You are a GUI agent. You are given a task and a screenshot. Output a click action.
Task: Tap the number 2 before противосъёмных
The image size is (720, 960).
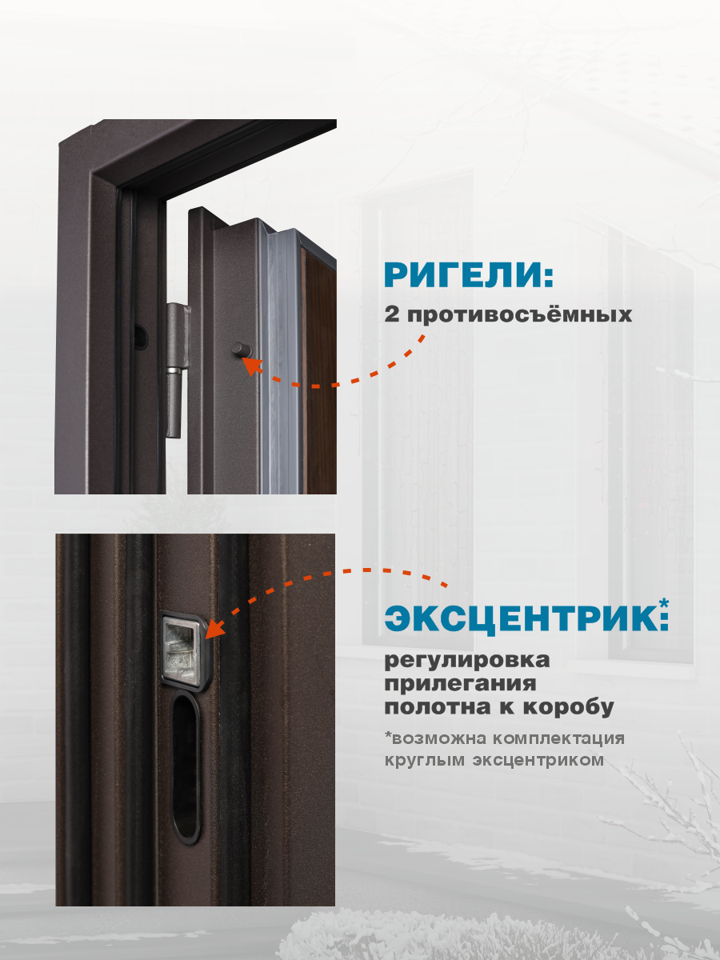[x=392, y=314]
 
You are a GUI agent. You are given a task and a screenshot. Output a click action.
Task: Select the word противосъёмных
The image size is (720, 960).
[x=519, y=314]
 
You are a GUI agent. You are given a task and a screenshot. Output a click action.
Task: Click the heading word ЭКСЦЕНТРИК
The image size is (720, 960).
[x=520, y=618]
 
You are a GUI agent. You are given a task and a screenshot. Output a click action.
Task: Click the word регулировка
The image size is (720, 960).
[x=467, y=662]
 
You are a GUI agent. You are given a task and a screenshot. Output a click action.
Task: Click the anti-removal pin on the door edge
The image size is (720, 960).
[x=239, y=350]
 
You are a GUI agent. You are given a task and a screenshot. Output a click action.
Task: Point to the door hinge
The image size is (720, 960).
[x=175, y=369]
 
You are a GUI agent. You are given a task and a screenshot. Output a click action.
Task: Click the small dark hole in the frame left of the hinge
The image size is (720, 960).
[x=141, y=337]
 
